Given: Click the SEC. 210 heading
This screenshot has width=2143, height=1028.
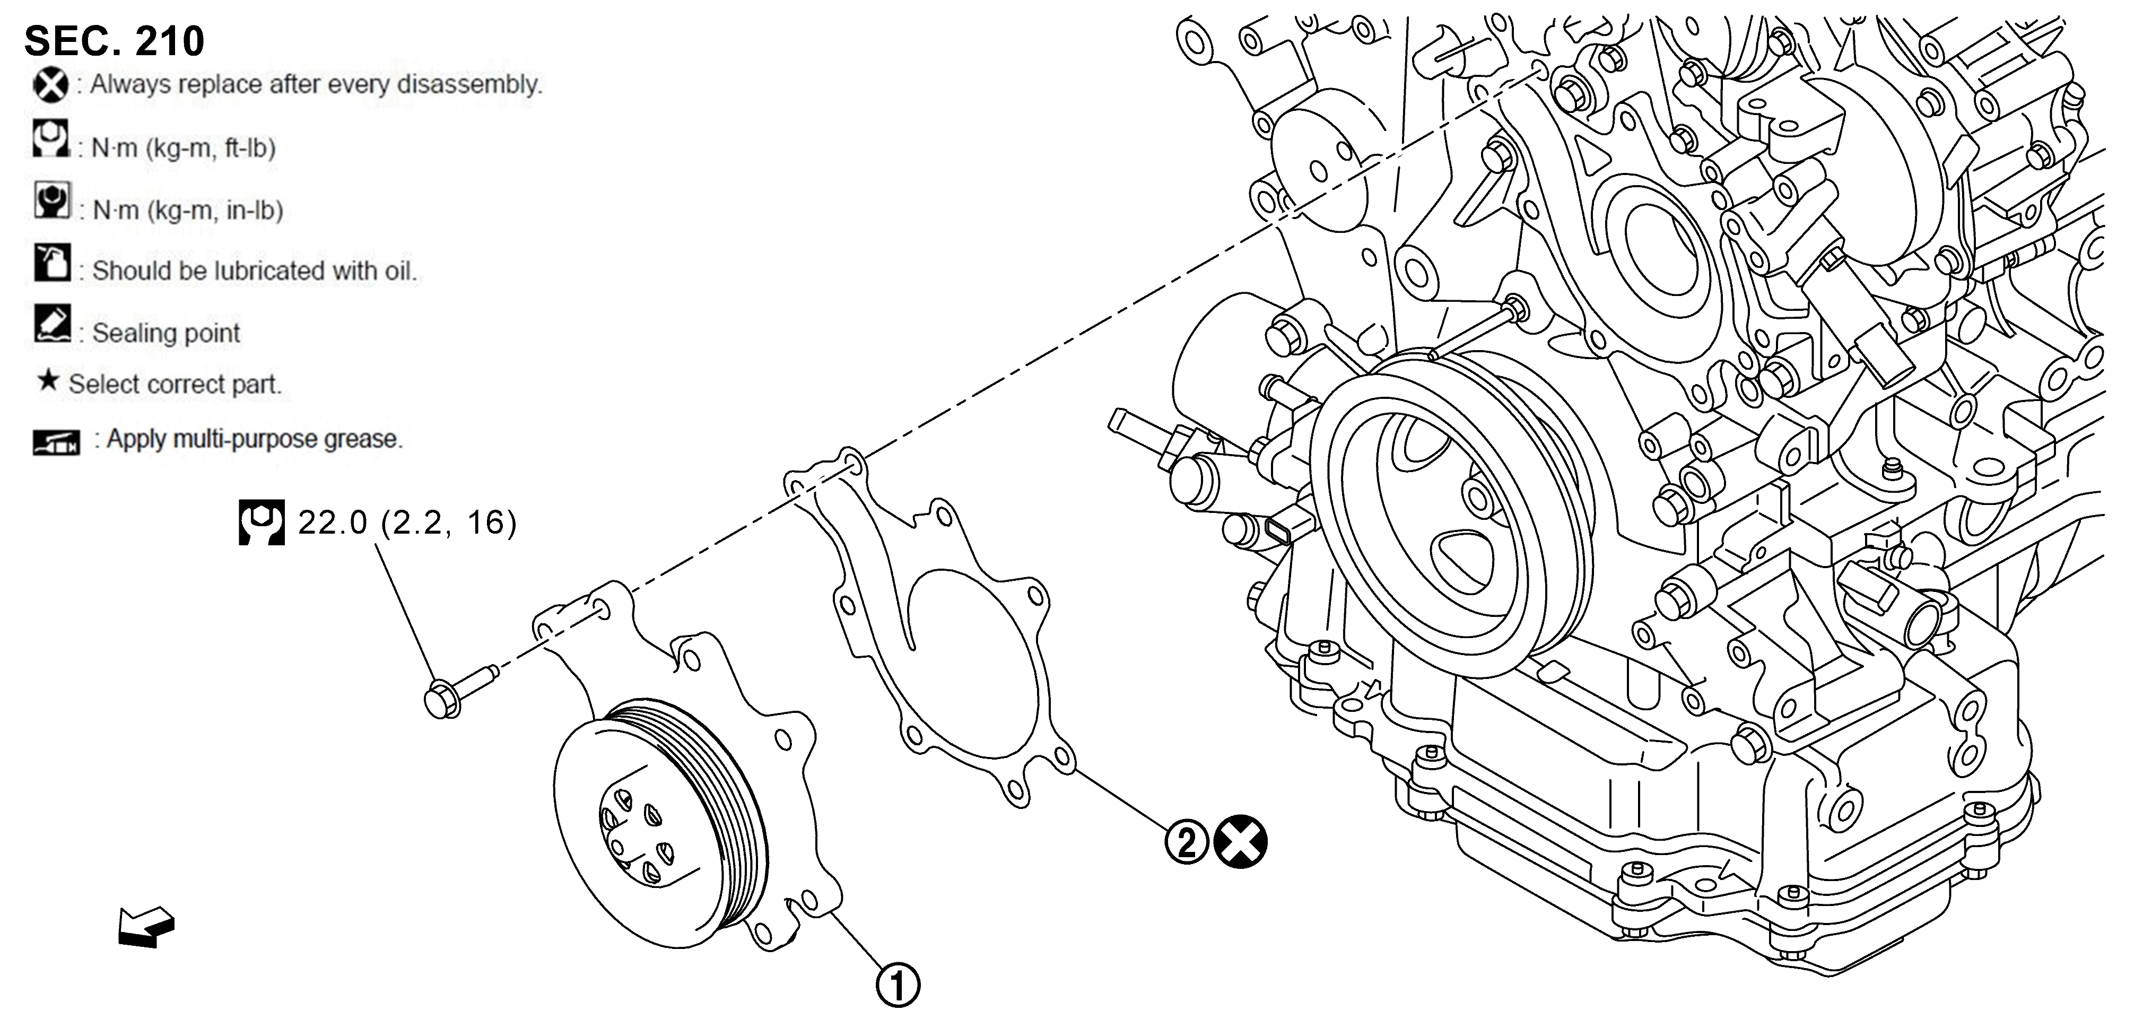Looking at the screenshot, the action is [x=114, y=41].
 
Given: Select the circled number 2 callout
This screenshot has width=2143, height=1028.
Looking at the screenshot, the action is [x=1186, y=842].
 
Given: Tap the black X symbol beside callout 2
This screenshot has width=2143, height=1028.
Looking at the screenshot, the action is [x=1240, y=842].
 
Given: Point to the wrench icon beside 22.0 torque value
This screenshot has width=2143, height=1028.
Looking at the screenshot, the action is [x=261, y=522].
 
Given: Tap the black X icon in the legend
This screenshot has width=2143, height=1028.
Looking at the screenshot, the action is [x=51, y=85].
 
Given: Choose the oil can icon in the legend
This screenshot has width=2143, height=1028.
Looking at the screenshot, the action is [x=51, y=262].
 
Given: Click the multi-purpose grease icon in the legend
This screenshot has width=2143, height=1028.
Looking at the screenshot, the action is [x=57, y=442].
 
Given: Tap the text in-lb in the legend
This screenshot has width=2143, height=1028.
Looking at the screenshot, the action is [x=255, y=211].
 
